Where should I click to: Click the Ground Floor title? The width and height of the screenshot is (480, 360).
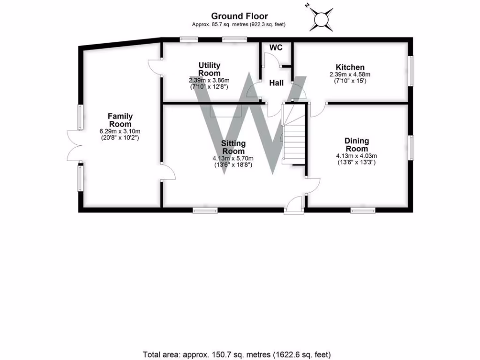239,16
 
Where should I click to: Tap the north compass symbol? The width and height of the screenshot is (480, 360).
322,18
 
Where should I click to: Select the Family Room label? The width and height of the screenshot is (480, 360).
120,120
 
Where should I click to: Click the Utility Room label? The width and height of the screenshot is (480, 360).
209,69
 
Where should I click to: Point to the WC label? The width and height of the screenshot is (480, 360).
275,47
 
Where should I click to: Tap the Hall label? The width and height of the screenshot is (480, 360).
276,83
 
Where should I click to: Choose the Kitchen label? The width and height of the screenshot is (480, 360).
350,67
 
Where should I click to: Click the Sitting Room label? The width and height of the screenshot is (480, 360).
233,147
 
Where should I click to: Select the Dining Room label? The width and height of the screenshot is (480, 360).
356,144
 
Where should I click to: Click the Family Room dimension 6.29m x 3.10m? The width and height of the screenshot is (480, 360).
120,131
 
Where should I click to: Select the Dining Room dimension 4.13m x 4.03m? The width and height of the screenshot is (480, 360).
356,156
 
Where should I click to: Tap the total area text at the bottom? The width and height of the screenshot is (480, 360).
240,354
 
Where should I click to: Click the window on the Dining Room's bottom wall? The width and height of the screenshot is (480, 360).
363,210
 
